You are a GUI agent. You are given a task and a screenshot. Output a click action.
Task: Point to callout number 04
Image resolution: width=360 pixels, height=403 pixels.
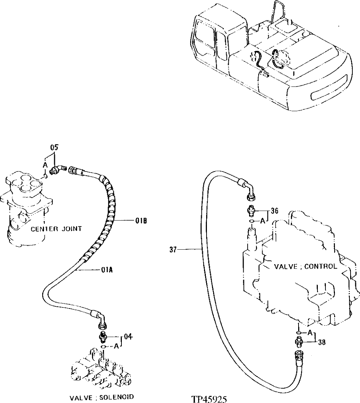tap(127, 336)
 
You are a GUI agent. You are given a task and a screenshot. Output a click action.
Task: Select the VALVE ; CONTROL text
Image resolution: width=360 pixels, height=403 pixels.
tap(305, 266)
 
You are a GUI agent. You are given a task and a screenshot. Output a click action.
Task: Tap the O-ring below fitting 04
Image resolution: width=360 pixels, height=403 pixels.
tap(104, 347)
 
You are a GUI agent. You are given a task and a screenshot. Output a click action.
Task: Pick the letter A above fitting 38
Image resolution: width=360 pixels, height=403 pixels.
tap(310, 333)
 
